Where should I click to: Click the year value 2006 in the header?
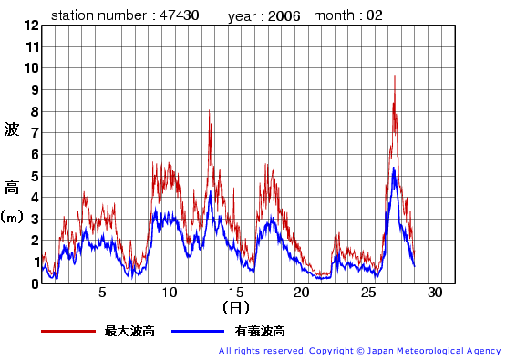(x=284, y=16)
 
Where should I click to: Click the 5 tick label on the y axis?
(x=34, y=176)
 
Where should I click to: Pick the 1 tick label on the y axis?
(x=34, y=262)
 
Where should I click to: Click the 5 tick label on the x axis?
(x=102, y=293)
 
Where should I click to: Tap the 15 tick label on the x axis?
(x=235, y=293)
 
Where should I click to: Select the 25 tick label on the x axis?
(x=368, y=293)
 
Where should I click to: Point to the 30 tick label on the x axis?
(x=435, y=293)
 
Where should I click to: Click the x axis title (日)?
(x=234, y=308)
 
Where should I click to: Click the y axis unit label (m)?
(x=12, y=218)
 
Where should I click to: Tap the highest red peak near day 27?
(x=394, y=76)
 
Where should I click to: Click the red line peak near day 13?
(x=209, y=111)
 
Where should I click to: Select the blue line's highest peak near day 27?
(x=393, y=169)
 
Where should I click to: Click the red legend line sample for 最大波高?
(x=68, y=331)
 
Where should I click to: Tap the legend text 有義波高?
(x=259, y=331)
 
